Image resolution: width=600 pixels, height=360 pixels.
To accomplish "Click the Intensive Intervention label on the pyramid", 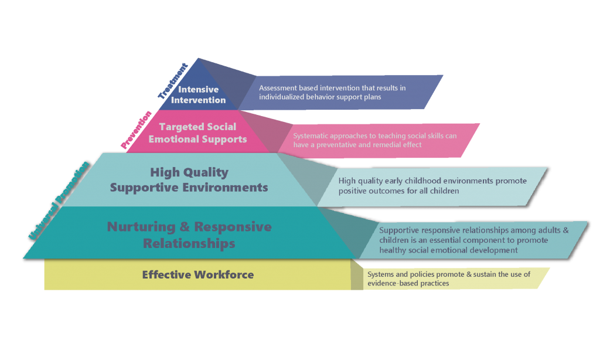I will (198, 95).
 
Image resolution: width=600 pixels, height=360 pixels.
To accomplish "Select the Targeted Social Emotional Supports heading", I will (197, 133).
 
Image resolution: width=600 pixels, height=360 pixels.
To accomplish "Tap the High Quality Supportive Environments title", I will (189, 180).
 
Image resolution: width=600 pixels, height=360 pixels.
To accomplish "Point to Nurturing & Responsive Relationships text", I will (189, 235).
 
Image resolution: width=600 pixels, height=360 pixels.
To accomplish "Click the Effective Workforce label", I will (197, 274).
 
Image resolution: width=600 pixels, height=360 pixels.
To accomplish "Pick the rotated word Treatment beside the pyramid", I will (173, 80).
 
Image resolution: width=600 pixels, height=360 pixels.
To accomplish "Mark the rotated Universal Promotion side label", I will (59, 200).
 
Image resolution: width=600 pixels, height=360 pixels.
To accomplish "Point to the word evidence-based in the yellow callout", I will (391, 284).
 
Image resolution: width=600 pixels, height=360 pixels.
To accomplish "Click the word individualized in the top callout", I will (283, 97).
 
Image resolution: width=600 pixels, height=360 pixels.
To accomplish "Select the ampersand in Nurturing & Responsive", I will (184, 227).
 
